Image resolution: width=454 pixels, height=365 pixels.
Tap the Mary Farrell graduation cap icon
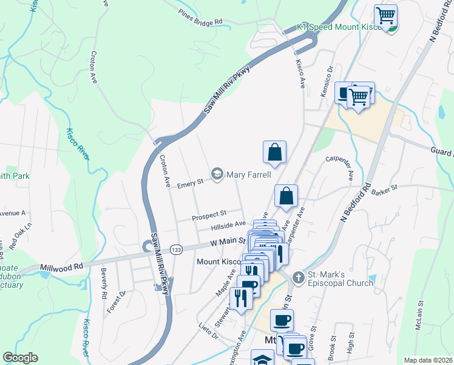tap(217, 175)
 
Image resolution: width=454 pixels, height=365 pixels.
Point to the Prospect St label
tap(209, 215)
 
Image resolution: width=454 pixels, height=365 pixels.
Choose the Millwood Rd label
tap(61, 267)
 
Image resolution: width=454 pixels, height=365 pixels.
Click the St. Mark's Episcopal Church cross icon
tap(298, 277)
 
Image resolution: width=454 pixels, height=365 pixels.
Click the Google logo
tap(20, 358)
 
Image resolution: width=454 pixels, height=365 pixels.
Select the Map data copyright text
tap(427, 360)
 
